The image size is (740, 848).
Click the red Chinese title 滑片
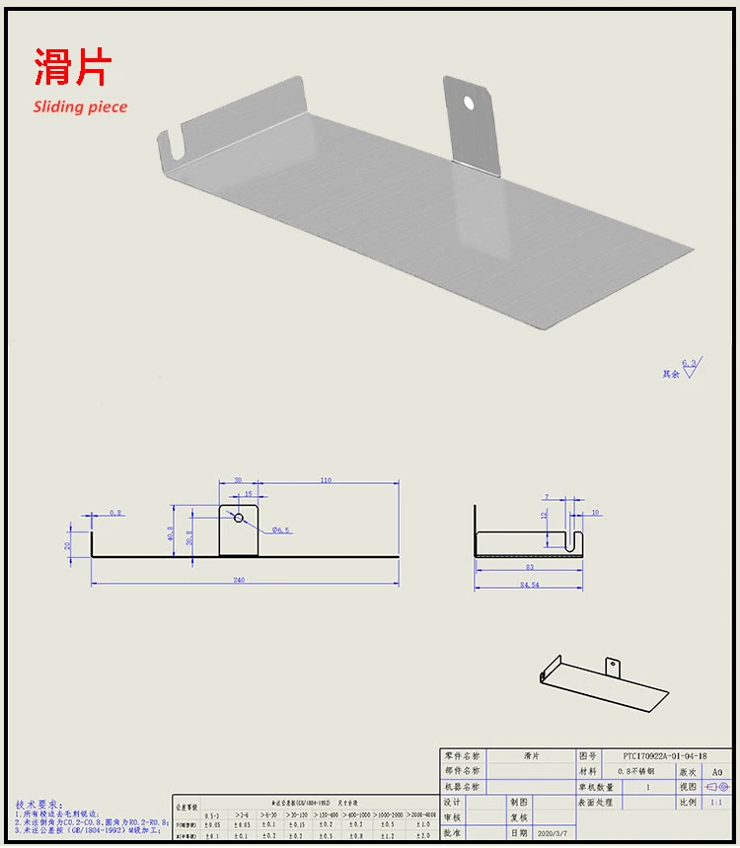click(73, 67)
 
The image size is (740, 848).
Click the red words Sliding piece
click(80, 106)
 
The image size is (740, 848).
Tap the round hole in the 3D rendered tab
click(470, 101)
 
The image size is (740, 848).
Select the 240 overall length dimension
click(239, 580)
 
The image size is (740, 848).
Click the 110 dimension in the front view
click(325, 480)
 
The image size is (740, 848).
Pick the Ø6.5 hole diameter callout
click(280, 530)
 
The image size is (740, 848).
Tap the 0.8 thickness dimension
click(116, 513)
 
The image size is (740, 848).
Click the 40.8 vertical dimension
click(172, 532)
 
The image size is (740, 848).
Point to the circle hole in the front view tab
click(238, 516)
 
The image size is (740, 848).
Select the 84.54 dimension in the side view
click(530, 585)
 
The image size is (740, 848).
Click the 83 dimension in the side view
click(530, 567)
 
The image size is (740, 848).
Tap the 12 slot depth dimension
click(544, 516)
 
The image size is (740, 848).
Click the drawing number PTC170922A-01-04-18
click(660, 755)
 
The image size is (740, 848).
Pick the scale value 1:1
click(716, 803)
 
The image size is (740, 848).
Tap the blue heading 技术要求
click(38, 805)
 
